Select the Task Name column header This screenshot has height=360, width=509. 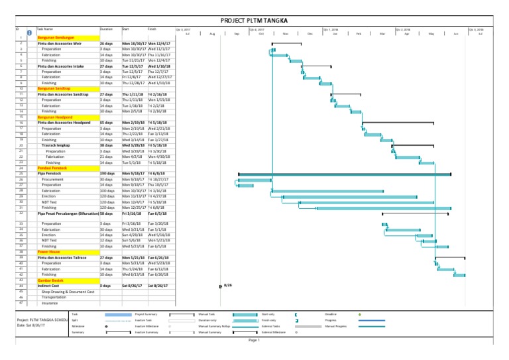[46, 29]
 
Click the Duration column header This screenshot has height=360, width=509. [106, 29]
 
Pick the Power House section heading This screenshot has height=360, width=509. [49, 252]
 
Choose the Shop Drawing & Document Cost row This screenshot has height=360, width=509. [68, 291]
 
